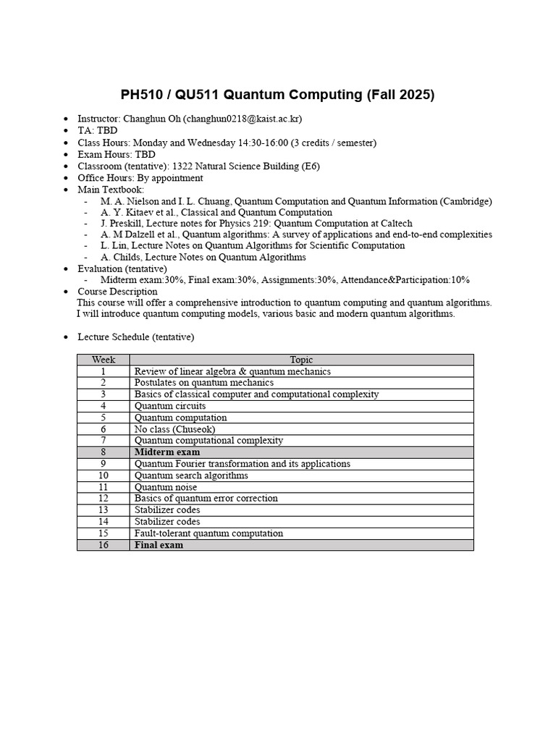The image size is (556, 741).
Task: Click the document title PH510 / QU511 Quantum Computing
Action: pos(277,95)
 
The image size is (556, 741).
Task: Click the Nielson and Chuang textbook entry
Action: pos(296,201)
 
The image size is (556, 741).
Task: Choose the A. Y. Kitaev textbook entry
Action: pos(216,213)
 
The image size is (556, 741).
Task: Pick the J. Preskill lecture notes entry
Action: pos(256,224)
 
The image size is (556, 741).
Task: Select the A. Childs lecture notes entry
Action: pos(203,257)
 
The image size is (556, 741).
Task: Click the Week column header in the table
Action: pos(104,360)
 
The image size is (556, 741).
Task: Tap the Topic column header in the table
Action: pos(301,360)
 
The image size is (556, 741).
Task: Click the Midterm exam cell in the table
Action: pos(167,452)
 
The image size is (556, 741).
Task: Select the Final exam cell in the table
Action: pos(159,545)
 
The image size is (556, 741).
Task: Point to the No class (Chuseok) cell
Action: pos(174,429)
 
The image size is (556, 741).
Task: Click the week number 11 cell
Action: pos(104,487)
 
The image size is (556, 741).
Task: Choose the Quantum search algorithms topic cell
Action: pos(191,475)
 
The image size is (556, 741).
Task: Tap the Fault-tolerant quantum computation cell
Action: pos(208,533)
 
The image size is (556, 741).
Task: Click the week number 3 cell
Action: pos(104,394)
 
